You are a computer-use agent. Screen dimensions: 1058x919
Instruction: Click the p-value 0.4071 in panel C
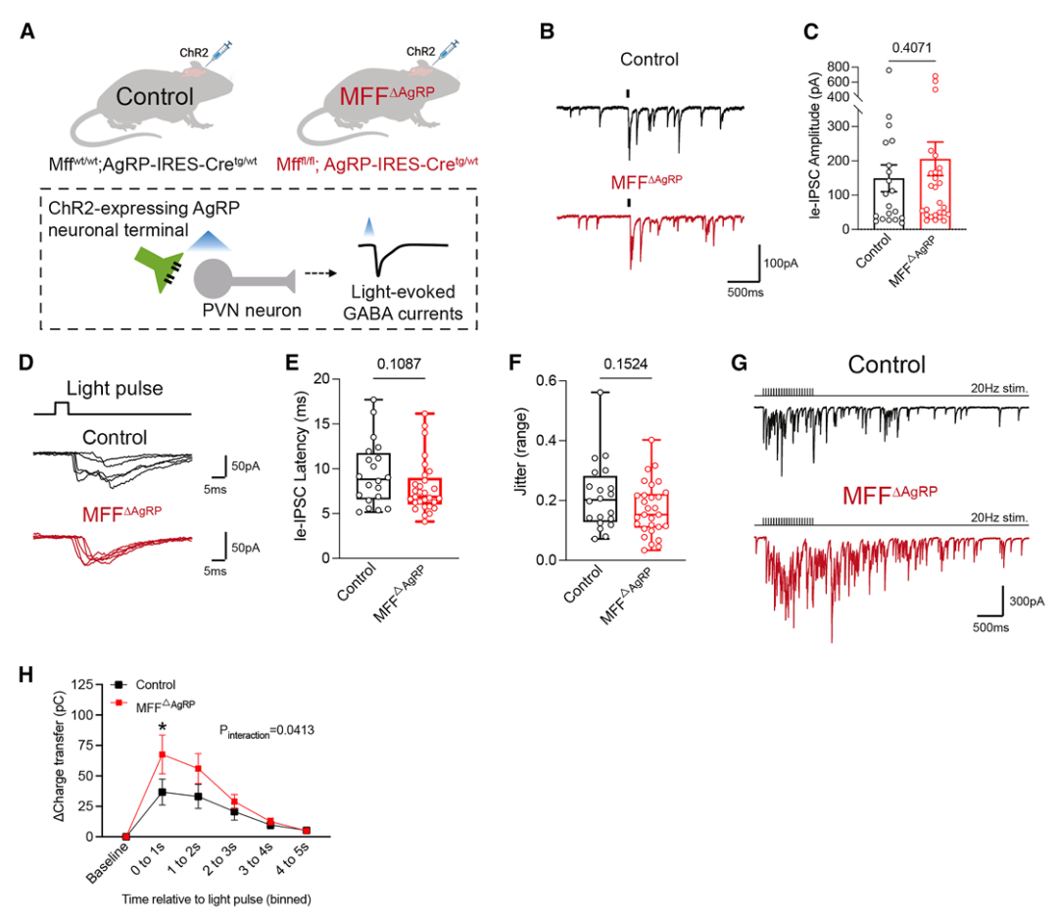coord(912,48)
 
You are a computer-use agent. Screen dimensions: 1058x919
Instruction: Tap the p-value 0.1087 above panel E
coord(399,363)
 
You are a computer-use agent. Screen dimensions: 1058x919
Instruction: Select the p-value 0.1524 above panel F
coord(625,363)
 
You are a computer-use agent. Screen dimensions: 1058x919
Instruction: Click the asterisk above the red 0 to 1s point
coord(162,727)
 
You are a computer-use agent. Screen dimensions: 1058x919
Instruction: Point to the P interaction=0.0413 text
coord(266,731)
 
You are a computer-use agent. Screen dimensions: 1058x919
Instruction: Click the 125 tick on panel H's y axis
coord(82,684)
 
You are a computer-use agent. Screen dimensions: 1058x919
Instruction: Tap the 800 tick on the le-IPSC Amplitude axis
coord(838,66)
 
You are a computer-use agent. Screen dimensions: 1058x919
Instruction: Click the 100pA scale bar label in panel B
coord(780,264)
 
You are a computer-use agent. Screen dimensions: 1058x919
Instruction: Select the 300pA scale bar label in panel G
coord(1027,601)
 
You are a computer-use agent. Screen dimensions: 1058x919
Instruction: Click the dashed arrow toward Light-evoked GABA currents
coord(320,273)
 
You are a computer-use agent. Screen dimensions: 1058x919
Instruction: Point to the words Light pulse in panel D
coord(115,388)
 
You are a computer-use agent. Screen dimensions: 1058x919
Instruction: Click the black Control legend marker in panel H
coord(119,684)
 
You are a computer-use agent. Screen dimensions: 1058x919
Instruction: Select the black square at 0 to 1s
coord(162,793)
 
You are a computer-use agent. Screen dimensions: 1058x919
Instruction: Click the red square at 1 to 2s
coord(198,768)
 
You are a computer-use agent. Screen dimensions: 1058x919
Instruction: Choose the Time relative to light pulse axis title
coord(216,898)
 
